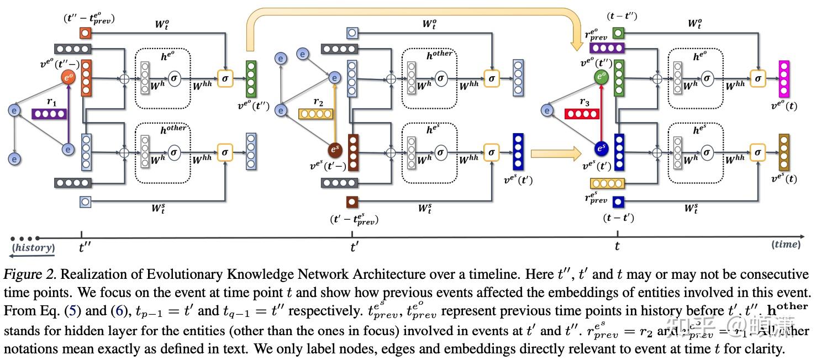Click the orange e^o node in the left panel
[x=69, y=78]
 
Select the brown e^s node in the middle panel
[x=334, y=150]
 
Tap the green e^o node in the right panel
[x=601, y=78]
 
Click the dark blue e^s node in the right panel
[x=601, y=149]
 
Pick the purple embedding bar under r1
[x=49, y=114]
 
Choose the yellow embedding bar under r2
[x=315, y=114]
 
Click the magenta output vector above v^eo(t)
[x=785, y=78]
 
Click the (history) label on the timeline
[x=34, y=248]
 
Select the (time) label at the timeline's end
[x=786, y=244]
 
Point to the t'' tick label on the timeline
[x=85, y=247]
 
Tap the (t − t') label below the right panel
[x=618, y=218]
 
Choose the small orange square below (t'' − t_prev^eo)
[x=85, y=34]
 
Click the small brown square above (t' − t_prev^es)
[x=352, y=202]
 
